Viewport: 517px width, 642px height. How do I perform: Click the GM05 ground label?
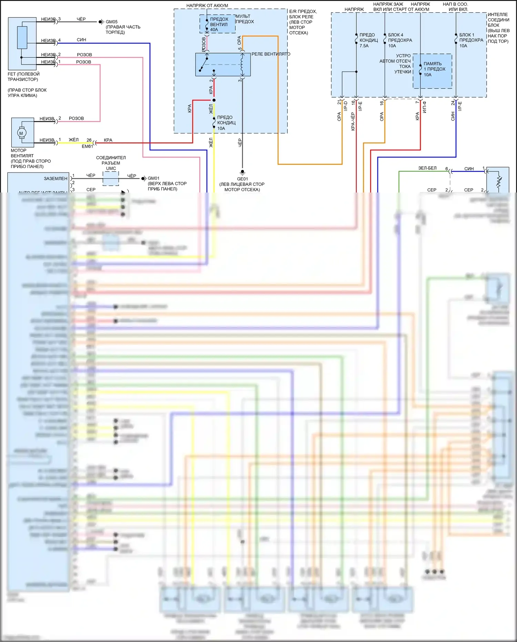(x=112, y=22)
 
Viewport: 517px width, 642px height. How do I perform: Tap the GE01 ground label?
(x=242, y=179)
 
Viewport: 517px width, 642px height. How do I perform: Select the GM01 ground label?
(x=154, y=178)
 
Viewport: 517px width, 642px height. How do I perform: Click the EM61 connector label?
(x=87, y=146)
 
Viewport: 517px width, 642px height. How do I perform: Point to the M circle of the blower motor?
(x=21, y=133)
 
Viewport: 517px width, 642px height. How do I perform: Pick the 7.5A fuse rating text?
(x=364, y=46)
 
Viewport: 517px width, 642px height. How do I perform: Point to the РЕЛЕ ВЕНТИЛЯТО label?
(x=271, y=54)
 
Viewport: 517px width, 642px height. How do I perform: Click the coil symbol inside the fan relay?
(x=242, y=64)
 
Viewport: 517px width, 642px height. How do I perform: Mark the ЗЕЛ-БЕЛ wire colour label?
(x=427, y=168)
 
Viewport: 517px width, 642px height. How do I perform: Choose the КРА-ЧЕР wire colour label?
(x=353, y=121)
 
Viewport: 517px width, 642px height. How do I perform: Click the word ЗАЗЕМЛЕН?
(x=55, y=178)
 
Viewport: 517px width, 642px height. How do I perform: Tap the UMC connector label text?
(x=111, y=168)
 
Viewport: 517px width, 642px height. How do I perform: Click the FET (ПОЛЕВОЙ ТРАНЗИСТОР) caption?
(x=23, y=77)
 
